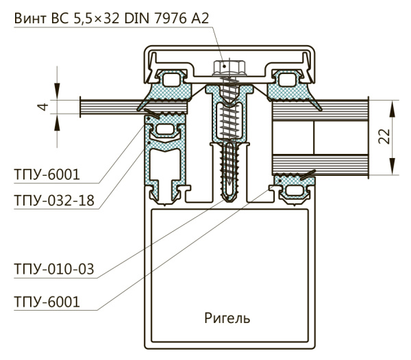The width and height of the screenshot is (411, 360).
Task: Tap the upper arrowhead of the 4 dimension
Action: (x=58, y=96)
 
